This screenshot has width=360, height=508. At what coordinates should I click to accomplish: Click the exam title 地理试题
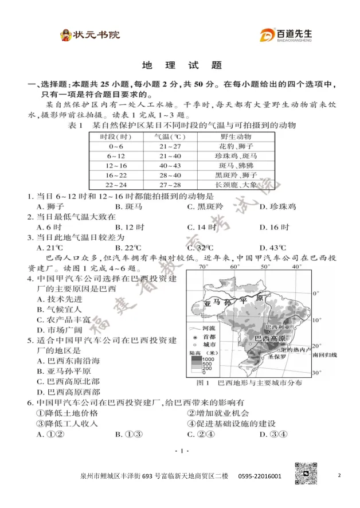tap(181, 65)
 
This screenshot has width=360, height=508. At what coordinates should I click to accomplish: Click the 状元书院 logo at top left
tap(90, 35)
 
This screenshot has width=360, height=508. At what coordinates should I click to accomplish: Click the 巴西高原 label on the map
tap(271, 338)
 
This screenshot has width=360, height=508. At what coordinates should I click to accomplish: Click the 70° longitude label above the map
tap(203, 267)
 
